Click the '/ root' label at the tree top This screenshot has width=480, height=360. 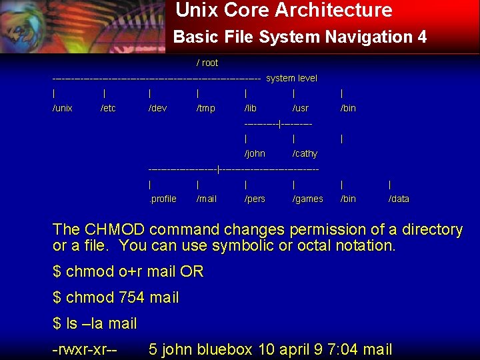click(207, 63)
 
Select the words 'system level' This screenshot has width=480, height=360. click(291, 79)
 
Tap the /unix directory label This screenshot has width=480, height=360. click(63, 108)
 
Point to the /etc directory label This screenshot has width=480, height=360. click(108, 108)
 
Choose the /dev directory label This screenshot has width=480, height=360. click(157, 108)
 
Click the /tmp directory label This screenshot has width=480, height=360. click(206, 108)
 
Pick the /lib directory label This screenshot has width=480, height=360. click(251, 108)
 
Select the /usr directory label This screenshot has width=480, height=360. click(301, 108)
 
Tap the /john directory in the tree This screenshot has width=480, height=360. click(255, 153)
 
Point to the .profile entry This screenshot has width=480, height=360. click(163, 199)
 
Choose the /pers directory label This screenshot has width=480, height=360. click(255, 199)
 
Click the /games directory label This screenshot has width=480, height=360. click(308, 199)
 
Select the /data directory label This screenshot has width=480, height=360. click(399, 199)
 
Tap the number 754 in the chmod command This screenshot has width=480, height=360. click(132, 297)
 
